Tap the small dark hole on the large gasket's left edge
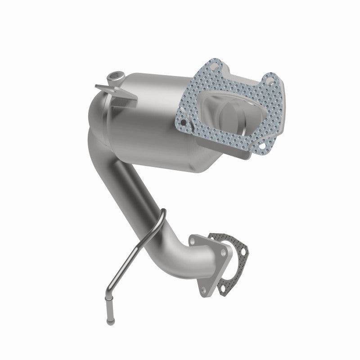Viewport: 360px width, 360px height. click(x=184, y=122)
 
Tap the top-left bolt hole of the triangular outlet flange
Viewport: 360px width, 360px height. click(x=193, y=242)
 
